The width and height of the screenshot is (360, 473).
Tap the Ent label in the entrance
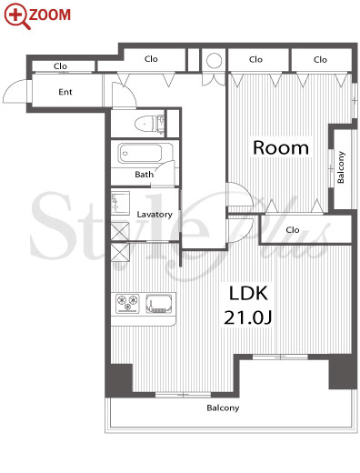(65, 92)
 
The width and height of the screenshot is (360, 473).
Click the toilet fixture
(149, 124)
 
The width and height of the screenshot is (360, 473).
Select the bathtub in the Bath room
(141, 153)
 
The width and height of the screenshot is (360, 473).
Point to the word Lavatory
(155, 215)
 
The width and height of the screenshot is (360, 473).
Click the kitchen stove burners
(127, 303)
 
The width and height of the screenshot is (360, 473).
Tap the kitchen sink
(159, 303)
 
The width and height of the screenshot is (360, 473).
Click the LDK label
(248, 293)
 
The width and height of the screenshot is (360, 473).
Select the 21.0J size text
(247, 317)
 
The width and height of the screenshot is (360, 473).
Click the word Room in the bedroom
(281, 147)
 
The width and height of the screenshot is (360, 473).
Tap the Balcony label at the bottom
(223, 408)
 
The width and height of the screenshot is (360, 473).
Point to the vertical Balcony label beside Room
(341, 167)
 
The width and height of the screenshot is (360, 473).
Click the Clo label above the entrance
(60, 66)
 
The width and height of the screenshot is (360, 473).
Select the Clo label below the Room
(293, 230)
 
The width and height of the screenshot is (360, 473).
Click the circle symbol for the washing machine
(214, 61)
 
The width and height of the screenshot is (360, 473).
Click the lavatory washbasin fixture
(120, 203)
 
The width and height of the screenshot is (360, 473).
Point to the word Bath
(145, 175)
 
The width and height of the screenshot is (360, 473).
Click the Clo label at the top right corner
(320, 60)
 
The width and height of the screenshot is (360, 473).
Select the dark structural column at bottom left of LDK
(121, 378)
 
